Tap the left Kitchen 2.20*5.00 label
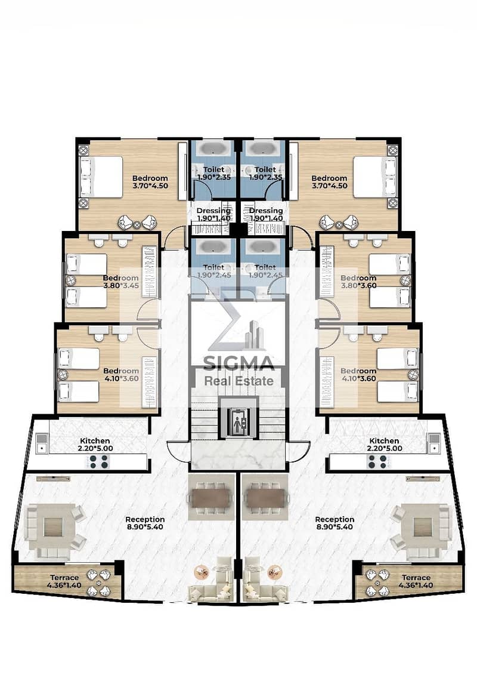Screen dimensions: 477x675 pyautogui.click(x=95, y=444)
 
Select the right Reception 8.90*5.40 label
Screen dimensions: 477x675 pyautogui.click(x=334, y=523)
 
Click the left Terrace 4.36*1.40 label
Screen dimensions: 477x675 pyautogui.click(x=64, y=581)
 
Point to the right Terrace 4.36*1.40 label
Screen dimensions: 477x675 pyautogui.click(x=416, y=581)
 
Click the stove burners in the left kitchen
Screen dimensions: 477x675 pyautogui.click(x=100, y=462)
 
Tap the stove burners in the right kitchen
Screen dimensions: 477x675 pyautogui.click(x=377, y=462)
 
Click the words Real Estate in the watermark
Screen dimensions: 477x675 pyautogui.click(x=238, y=381)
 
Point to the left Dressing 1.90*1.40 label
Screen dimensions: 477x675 pyautogui.click(x=213, y=214)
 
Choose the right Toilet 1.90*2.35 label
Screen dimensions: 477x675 pyautogui.click(x=265, y=173)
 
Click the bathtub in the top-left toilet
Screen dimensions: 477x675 pyautogui.click(x=213, y=149)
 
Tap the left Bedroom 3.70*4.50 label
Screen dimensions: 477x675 pyautogui.click(x=150, y=181)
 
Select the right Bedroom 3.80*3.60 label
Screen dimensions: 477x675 pyautogui.click(x=358, y=282)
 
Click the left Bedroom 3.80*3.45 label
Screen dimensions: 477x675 pyautogui.click(x=121, y=282)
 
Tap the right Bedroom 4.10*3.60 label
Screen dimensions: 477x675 pyautogui.click(x=358, y=375)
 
